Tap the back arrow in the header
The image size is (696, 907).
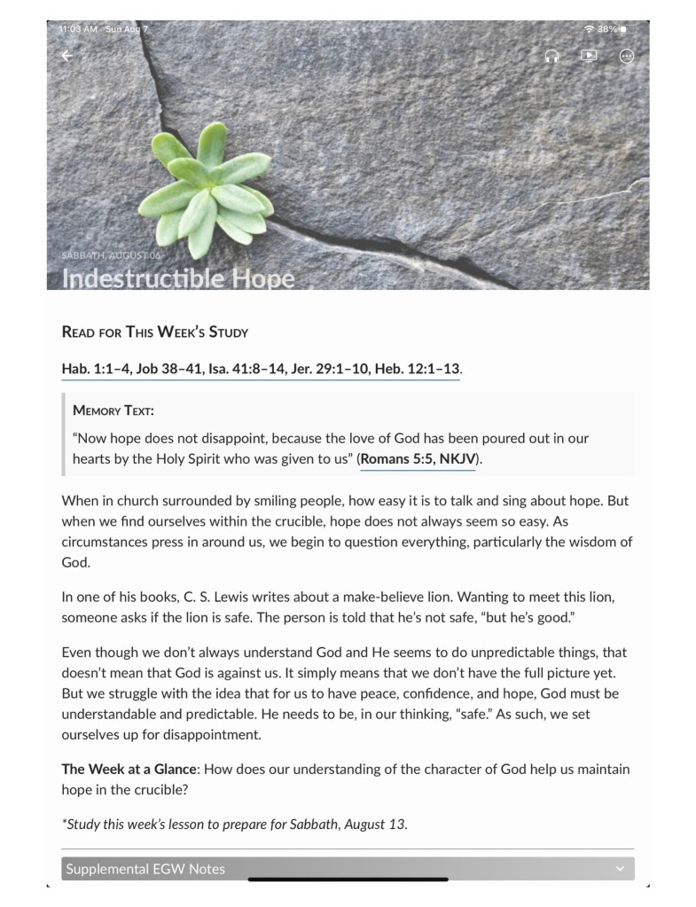click(x=66, y=56)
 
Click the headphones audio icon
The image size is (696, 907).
click(x=551, y=56)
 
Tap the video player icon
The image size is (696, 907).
click(x=589, y=55)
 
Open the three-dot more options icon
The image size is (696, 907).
click(x=627, y=56)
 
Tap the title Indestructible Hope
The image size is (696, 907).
click(x=177, y=278)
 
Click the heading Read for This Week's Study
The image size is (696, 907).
click(x=155, y=332)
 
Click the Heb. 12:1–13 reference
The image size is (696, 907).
click(x=417, y=369)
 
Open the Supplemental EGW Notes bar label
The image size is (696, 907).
click(x=145, y=869)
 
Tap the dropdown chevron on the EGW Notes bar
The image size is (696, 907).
click(x=620, y=869)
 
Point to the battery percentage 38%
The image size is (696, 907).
click(x=607, y=29)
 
